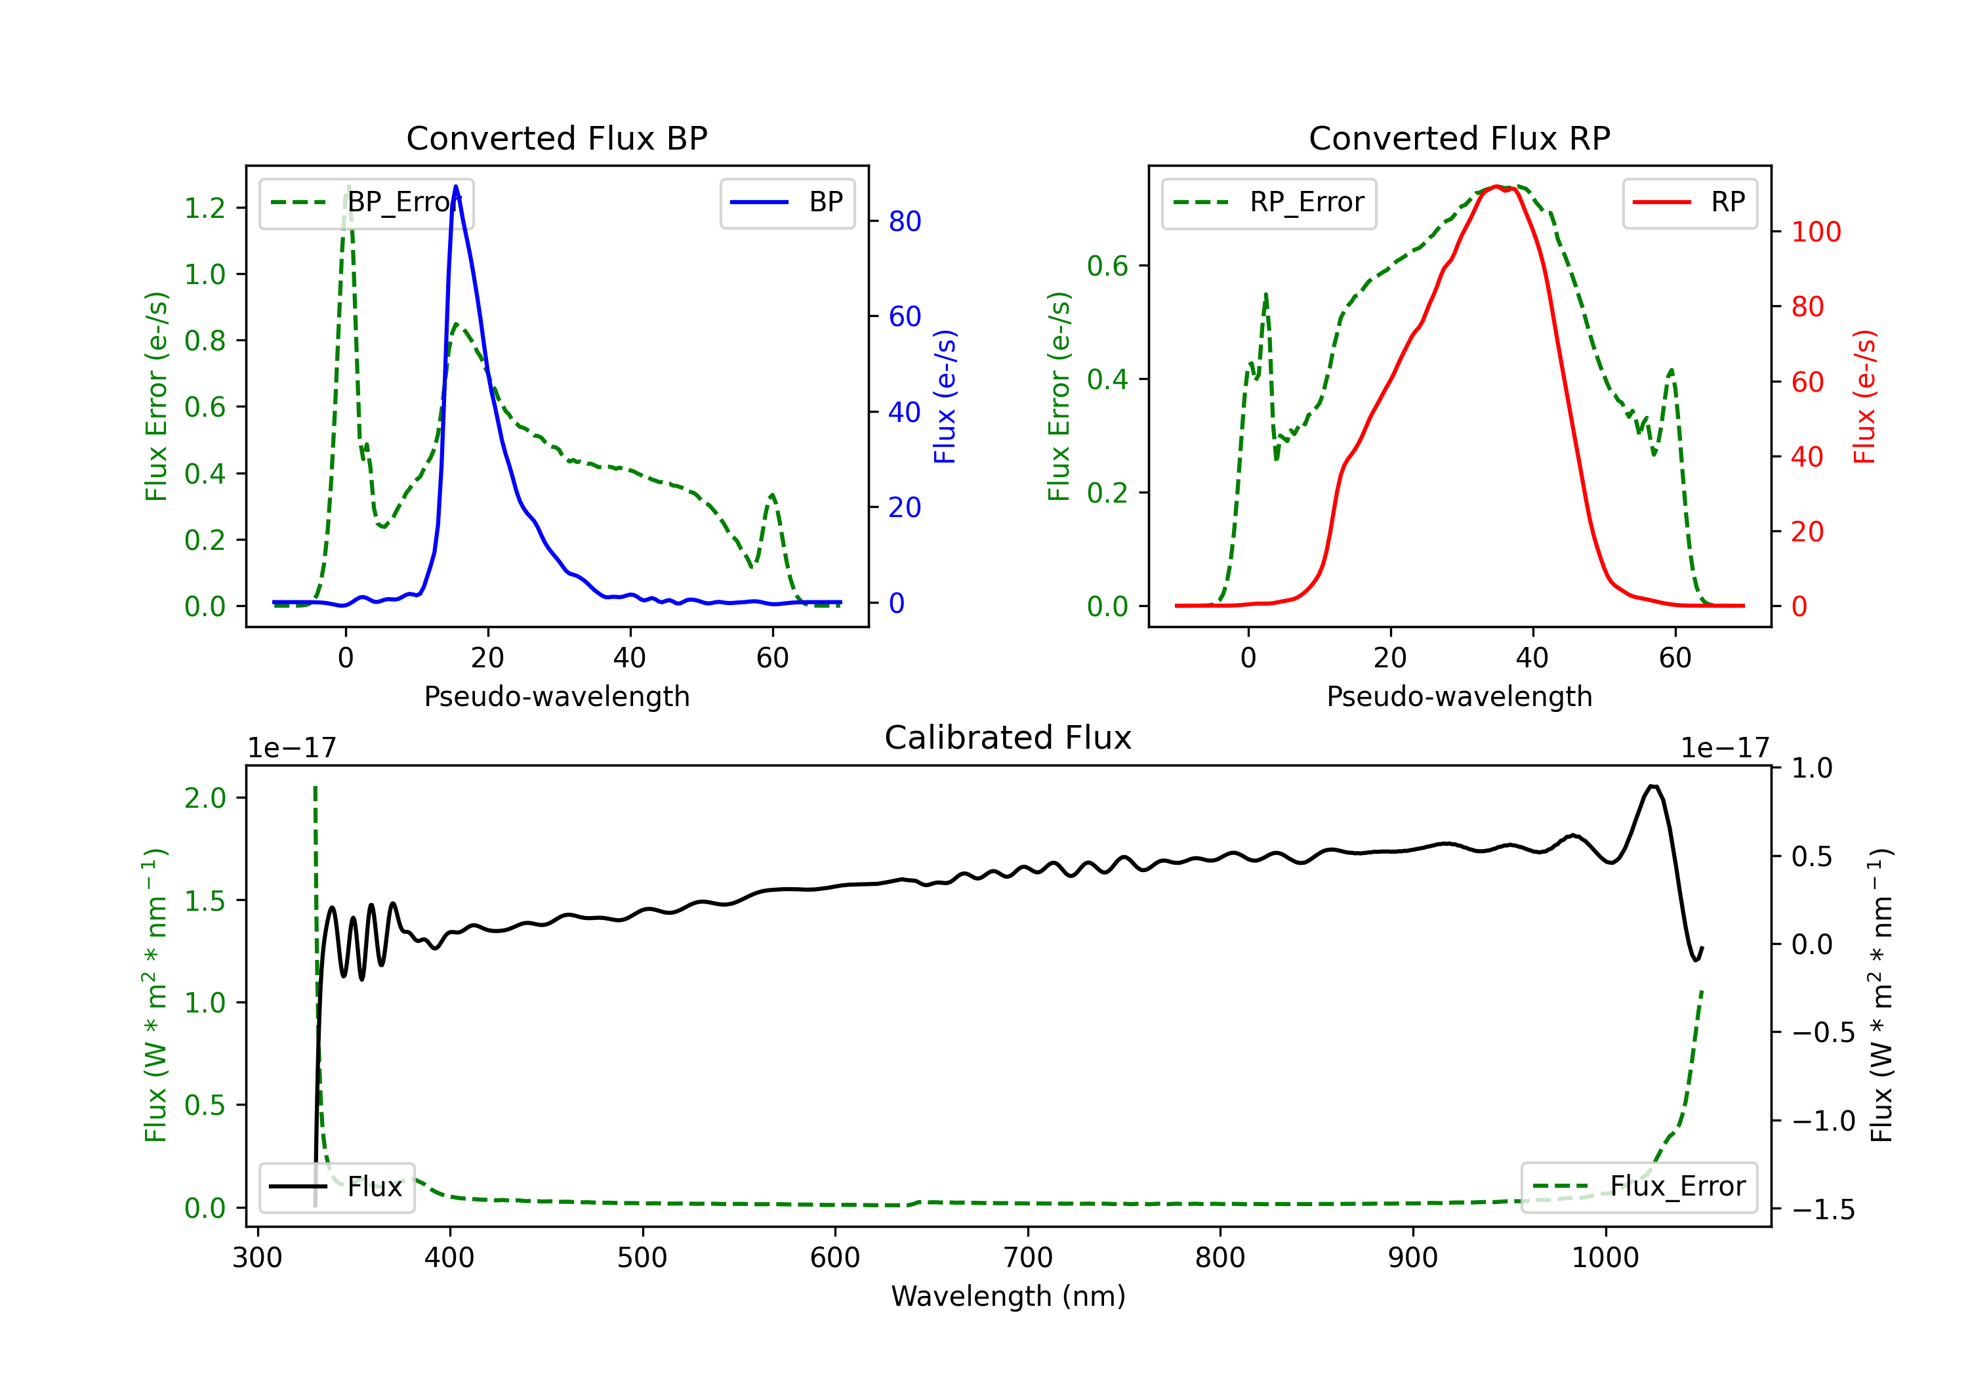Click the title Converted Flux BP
(556, 138)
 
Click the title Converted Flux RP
(1459, 138)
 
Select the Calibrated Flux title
(1008, 738)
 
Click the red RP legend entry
(1689, 202)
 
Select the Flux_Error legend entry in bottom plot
(1638, 1187)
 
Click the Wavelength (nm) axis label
(1008, 1296)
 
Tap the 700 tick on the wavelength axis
(1028, 1258)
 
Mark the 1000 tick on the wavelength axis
(1605, 1258)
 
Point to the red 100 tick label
(1816, 232)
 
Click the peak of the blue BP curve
(456, 186)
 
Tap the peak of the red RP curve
(1496, 186)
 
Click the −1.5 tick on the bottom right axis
(1823, 1209)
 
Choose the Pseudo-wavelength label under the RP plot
(1459, 696)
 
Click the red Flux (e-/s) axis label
(1865, 397)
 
